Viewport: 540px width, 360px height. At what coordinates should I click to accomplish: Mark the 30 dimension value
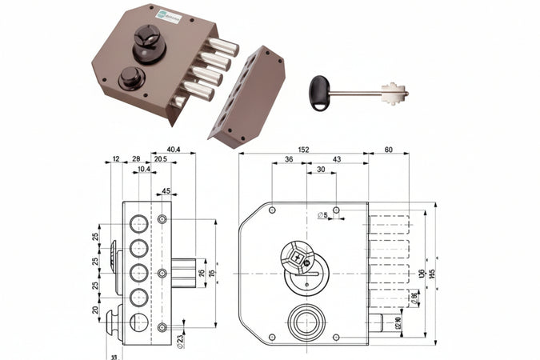(320, 170)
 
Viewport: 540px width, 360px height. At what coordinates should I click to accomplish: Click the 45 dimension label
(166, 190)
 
